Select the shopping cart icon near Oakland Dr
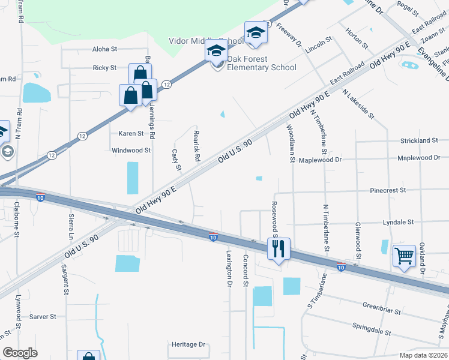[x=405, y=257]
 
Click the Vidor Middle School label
[x=205, y=41]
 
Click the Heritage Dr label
[x=188, y=344]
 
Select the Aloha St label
[x=104, y=49]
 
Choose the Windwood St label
[x=131, y=151]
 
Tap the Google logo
[x=20, y=353]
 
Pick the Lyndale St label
[x=398, y=222]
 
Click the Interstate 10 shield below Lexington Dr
[x=213, y=237]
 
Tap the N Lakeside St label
[x=358, y=104]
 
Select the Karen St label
[x=131, y=134]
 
